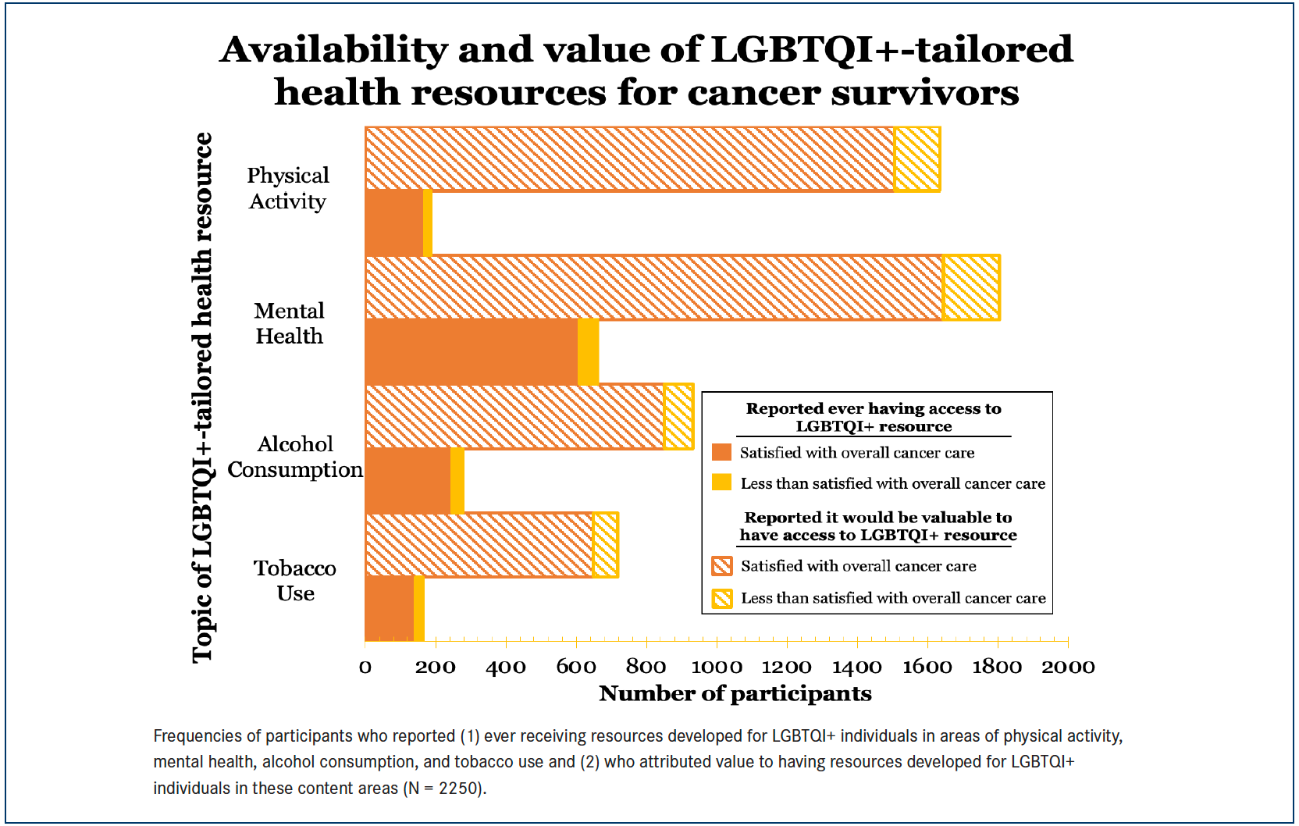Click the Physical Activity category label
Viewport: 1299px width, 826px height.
[288, 188]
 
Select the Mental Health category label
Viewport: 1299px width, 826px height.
[289, 323]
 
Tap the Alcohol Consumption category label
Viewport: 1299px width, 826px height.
[295, 457]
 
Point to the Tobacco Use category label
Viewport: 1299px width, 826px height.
[295, 580]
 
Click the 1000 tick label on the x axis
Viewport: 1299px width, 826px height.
[717, 667]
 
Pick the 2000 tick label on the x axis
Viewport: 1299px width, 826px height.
[1068, 667]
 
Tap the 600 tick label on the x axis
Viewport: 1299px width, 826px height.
[576, 667]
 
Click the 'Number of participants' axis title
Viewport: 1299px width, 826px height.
[735, 693]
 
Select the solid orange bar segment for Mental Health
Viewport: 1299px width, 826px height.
[472, 352]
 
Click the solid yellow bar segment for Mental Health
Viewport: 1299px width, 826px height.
[589, 352]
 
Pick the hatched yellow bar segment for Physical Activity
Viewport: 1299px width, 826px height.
[917, 159]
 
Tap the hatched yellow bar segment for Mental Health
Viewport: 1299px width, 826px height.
[972, 287]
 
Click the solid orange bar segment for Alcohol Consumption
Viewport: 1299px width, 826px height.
[407, 481]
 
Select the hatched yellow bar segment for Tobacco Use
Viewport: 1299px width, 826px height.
[606, 545]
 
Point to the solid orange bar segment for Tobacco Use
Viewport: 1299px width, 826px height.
[389, 609]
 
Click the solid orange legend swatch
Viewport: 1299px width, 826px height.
[722, 453]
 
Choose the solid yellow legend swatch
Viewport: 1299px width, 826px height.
[722, 482]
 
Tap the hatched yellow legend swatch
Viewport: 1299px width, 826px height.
[722, 598]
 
